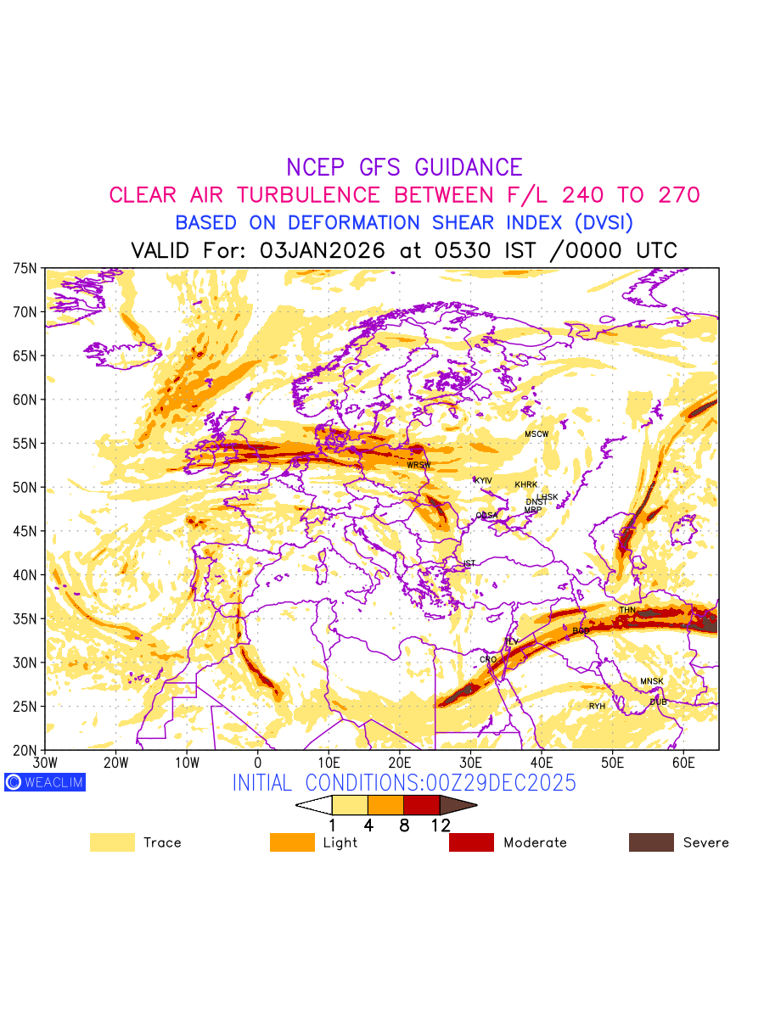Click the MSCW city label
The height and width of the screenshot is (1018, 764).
tap(536, 434)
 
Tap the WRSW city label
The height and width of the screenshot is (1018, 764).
tap(419, 465)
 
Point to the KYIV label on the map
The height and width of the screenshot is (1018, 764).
tap(483, 480)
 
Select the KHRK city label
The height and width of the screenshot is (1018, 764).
tap(526, 485)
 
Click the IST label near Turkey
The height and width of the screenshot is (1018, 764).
tap(469, 563)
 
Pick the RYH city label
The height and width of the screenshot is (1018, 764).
tap(598, 706)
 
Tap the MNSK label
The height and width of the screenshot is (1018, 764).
tap(652, 681)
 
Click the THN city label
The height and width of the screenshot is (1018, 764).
tap(627, 610)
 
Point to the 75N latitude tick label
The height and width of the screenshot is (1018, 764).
tap(25, 268)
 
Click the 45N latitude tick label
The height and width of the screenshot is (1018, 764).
tap(25, 531)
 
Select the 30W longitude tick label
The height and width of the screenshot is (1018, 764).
tap(44, 762)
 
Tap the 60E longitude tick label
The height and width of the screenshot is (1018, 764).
tap(683, 762)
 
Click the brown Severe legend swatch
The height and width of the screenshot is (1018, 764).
tap(651, 842)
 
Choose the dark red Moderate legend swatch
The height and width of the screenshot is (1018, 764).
tap(471, 842)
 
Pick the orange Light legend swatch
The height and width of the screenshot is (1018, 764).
tap(292, 842)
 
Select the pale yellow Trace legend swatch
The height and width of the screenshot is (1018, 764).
tap(112, 842)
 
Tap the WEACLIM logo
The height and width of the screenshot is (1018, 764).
tap(45, 782)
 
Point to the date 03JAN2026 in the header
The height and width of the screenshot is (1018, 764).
tap(323, 251)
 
